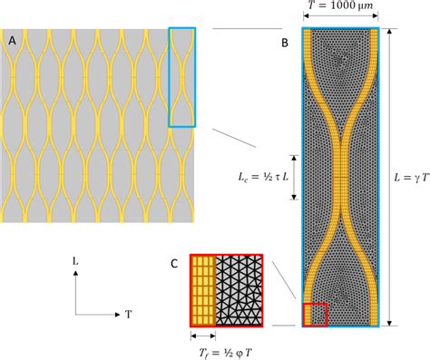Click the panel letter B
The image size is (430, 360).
pyautogui.click(x=285, y=41)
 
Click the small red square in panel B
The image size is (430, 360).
pyautogui.click(x=316, y=313)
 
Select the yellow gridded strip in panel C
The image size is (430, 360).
pyautogui.click(x=202, y=289)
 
